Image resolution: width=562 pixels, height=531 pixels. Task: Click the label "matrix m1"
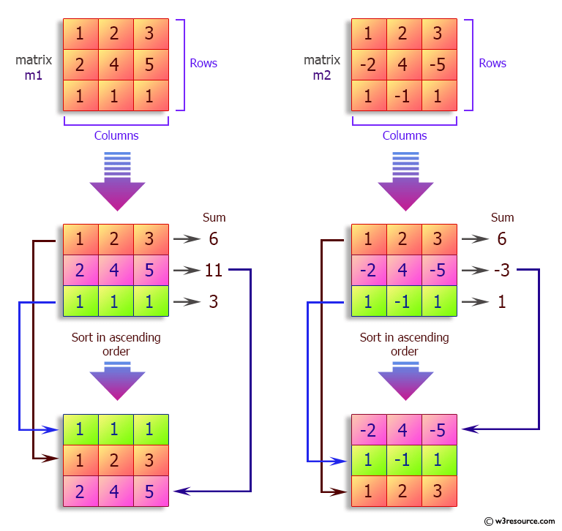pos(34,67)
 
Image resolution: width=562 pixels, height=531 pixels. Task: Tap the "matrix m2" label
pos(322,67)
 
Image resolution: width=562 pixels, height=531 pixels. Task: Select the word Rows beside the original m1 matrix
pos(203,64)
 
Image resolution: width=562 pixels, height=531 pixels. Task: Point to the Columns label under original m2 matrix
pos(405,135)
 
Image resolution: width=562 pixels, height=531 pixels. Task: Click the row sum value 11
pos(213,271)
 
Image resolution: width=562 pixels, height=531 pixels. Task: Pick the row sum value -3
pos(501,271)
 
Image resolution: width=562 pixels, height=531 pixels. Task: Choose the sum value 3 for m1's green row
pos(213,301)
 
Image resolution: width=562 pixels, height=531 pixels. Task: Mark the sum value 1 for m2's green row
pos(502,301)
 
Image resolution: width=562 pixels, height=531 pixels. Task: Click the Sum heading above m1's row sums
pos(214,217)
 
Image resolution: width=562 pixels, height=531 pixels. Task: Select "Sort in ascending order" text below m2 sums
pos(404,344)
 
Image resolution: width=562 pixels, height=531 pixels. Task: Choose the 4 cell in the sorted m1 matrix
pos(114,491)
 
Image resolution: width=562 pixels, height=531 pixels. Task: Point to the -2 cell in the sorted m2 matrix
pos(369,430)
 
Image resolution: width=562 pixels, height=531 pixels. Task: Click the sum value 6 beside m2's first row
pos(502,239)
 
